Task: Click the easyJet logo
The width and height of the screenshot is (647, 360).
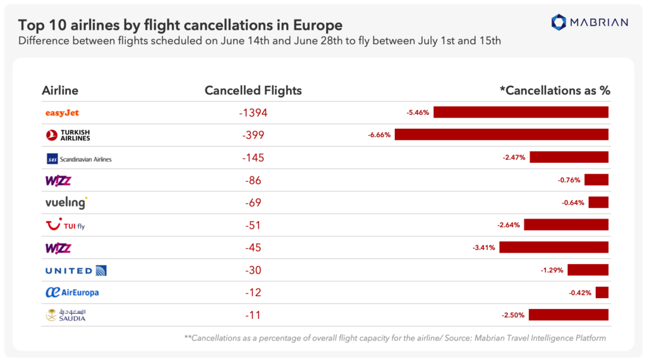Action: (62, 113)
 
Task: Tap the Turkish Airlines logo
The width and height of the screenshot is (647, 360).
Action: (68, 135)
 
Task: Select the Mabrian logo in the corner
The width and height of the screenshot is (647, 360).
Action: (590, 23)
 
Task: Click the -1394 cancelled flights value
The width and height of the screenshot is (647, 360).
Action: (253, 113)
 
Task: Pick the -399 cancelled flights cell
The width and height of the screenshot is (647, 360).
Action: (253, 135)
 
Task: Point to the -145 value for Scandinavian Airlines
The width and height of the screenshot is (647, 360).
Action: (253, 158)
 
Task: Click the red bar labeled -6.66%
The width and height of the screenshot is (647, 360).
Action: (501, 135)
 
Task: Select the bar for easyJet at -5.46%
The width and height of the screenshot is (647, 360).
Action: (521, 112)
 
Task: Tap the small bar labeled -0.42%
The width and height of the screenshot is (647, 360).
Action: (602, 292)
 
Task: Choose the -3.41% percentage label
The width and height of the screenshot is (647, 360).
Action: (485, 247)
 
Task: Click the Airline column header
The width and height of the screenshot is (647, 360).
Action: (60, 90)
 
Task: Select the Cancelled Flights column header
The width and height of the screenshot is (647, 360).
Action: (253, 90)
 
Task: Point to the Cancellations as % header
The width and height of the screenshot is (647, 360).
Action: (555, 90)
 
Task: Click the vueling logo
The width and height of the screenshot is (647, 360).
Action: (66, 203)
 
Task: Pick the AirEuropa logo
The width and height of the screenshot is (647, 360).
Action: (72, 292)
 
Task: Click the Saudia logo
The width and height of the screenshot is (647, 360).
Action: (66, 315)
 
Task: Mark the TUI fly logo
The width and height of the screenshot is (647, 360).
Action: (66, 225)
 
